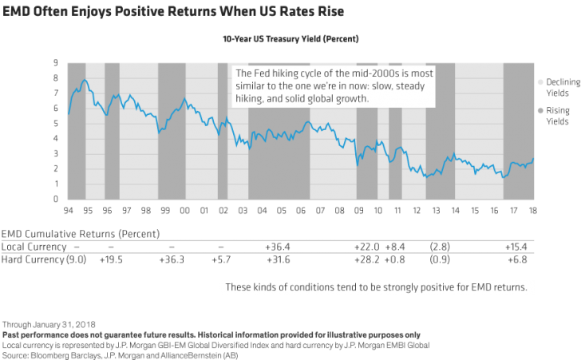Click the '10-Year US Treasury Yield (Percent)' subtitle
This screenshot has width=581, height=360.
pyautogui.click(x=290, y=38)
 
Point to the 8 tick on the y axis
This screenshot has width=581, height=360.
pyautogui.click(x=55, y=78)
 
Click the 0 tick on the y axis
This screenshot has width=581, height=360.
pyautogui.click(x=55, y=199)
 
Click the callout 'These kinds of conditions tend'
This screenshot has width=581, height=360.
pyautogui.click(x=376, y=287)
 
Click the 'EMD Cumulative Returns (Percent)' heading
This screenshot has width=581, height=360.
pyautogui.click(x=80, y=234)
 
